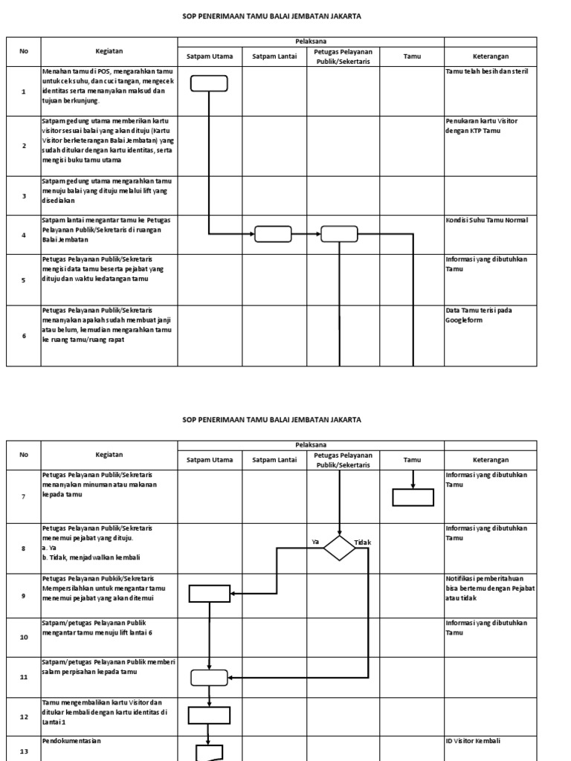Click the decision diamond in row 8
coord(339,548)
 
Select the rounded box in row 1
coord(209,83)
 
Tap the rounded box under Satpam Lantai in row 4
coord(273,234)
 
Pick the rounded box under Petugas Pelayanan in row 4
coord(339,234)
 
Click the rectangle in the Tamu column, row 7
coord(413,497)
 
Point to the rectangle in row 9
coord(210,593)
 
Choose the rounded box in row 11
coord(210,677)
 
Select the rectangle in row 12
coord(209,715)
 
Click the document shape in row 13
coord(209,752)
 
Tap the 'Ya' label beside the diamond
coord(315,542)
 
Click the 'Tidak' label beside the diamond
coord(363,543)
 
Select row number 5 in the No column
coord(24,280)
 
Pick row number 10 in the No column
coord(24,638)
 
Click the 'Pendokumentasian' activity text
coord(71,741)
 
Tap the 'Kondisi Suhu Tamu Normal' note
coord(487,220)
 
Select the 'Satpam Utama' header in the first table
coord(210,56)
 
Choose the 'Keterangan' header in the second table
coord(490,460)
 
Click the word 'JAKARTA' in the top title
coord(346,16)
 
